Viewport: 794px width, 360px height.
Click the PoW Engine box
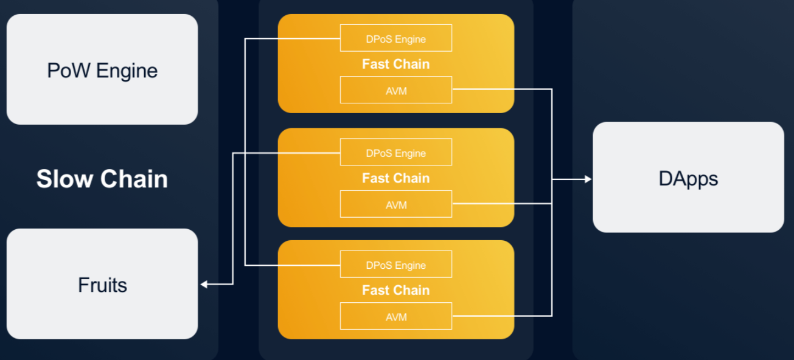[102, 69]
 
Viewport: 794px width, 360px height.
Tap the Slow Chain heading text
[102, 179]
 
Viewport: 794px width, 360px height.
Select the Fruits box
[102, 284]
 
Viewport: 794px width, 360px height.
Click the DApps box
[688, 177]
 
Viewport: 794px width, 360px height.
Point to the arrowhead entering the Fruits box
[203, 284]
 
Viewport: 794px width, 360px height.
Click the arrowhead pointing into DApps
[588, 179]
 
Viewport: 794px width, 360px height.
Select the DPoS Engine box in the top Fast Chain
[396, 38]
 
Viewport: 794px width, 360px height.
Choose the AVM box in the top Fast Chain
[396, 90]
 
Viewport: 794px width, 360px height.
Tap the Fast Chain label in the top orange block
[396, 64]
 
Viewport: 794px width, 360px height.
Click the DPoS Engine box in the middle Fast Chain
[396, 152]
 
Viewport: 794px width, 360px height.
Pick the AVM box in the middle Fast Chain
[396, 204]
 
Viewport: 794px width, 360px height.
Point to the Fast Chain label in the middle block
[396, 178]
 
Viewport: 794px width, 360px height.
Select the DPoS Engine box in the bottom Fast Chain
[396, 265]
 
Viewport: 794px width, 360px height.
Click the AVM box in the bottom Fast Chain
[396, 316]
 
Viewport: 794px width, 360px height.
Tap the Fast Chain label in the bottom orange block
[396, 290]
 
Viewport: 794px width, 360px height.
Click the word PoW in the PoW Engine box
[69, 71]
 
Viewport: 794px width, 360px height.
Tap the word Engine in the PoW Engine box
[127, 72]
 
